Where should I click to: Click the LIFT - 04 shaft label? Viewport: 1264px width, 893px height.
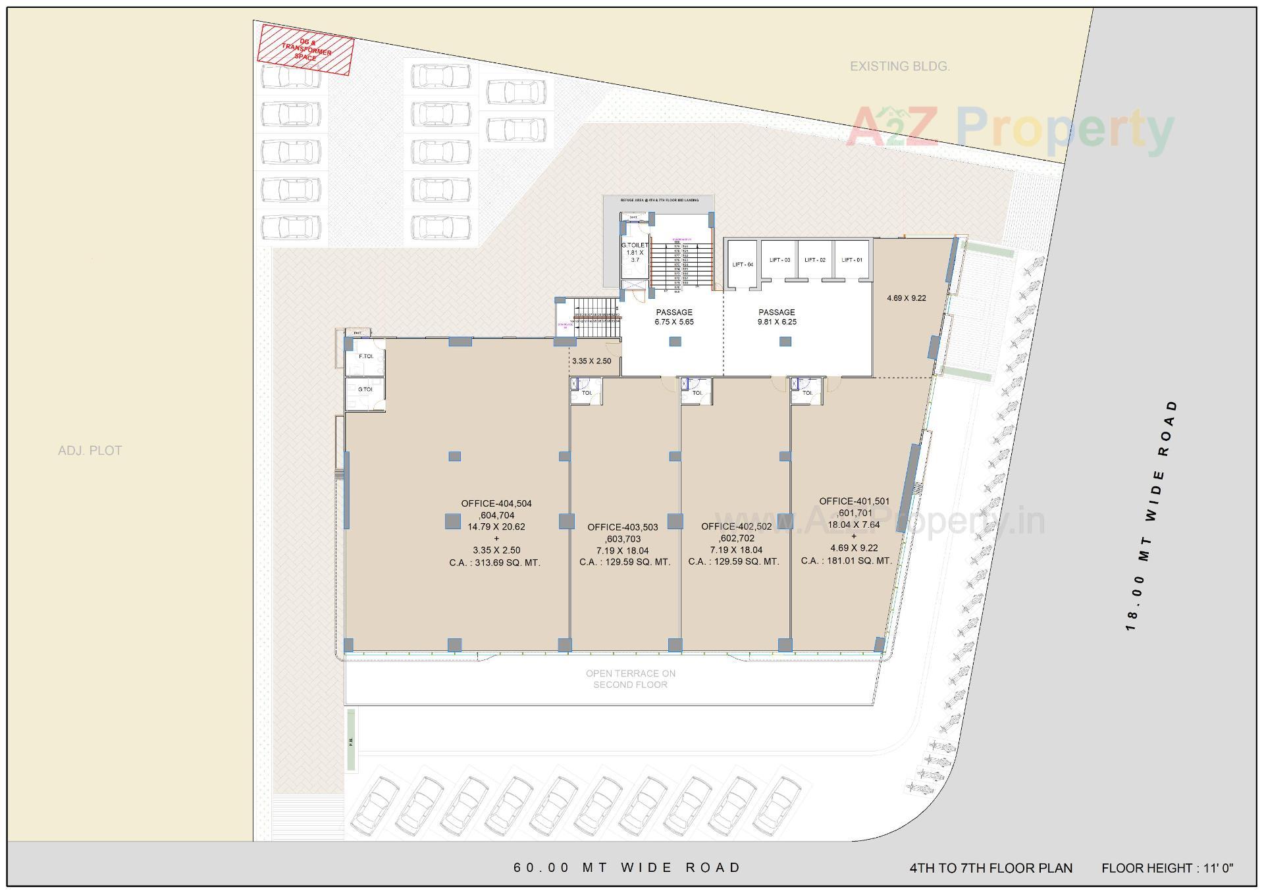point(742,265)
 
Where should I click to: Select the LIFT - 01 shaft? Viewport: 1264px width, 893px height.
point(851,260)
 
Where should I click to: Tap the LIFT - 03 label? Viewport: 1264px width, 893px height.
point(779,260)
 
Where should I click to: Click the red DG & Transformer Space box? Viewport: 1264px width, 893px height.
point(305,50)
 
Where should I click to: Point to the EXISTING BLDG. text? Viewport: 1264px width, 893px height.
point(899,66)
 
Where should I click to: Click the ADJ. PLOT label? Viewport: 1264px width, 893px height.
point(90,451)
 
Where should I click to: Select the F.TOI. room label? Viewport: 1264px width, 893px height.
point(366,356)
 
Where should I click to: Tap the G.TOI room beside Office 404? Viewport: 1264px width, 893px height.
point(365,390)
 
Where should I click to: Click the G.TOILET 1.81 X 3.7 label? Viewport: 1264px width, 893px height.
point(635,252)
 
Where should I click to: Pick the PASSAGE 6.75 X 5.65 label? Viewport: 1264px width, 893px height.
point(673,317)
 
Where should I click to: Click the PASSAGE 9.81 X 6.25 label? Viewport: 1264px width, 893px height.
point(776,317)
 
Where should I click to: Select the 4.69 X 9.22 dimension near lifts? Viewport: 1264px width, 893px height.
point(906,298)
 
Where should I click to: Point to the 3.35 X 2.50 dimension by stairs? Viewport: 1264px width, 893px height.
point(591,361)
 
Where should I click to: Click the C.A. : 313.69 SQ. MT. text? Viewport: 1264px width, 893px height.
point(494,563)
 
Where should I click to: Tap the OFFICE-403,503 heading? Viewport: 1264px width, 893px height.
point(622,527)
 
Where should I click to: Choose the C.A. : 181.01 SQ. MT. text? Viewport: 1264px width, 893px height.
point(846,561)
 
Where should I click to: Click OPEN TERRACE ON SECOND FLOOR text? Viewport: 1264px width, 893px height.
point(630,679)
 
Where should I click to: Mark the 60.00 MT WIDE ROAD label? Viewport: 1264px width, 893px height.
point(627,868)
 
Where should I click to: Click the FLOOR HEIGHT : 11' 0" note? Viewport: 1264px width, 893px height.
point(1167,869)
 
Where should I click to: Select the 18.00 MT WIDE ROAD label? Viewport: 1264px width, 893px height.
point(1151,516)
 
